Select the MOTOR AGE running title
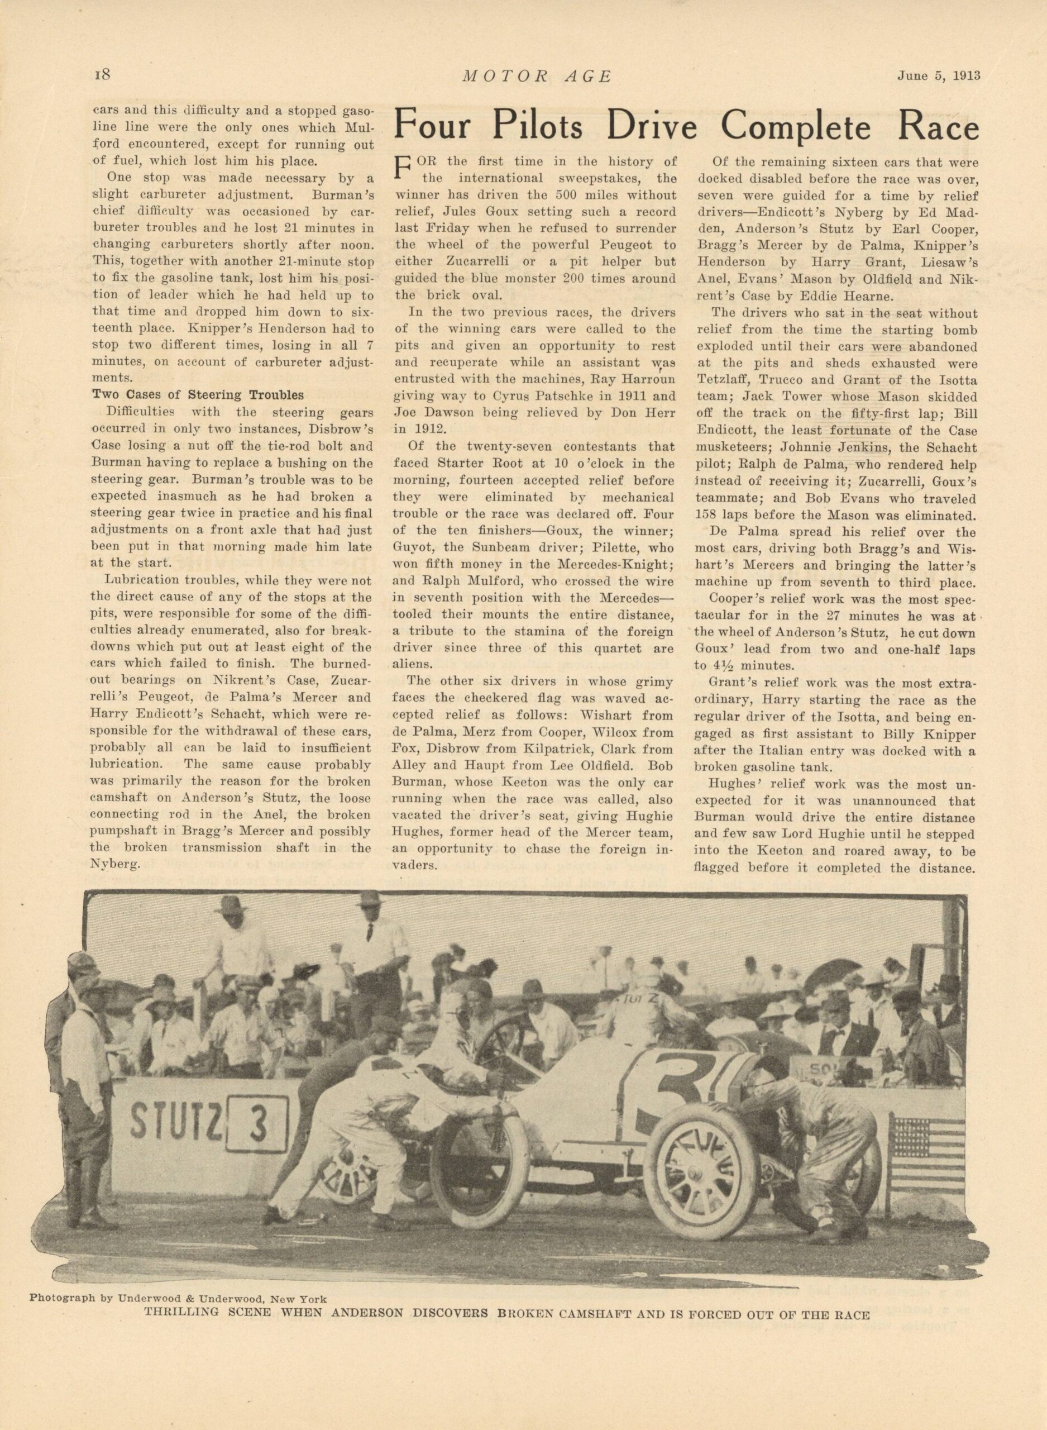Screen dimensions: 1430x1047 tap(537, 76)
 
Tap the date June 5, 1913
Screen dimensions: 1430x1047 tap(939, 75)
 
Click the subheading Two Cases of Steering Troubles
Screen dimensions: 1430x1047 tap(198, 394)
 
